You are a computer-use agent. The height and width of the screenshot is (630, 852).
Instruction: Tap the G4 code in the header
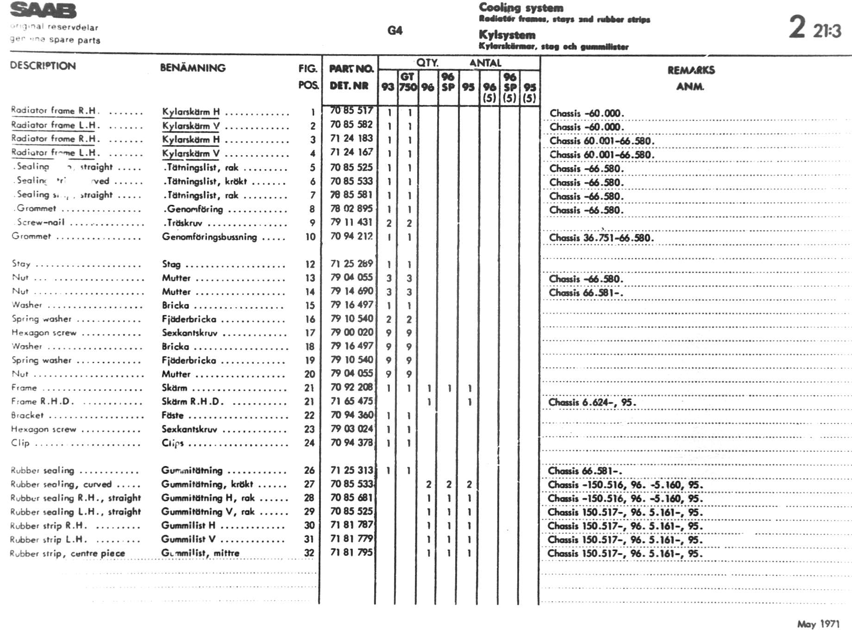pos(395,31)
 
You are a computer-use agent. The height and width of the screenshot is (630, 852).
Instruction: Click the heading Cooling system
pos(521,7)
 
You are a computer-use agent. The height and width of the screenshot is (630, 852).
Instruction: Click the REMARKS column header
pos(691,70)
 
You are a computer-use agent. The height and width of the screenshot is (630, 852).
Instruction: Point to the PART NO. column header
pos(351,69)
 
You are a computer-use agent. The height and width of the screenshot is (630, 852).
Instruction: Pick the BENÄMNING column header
pos(193,68)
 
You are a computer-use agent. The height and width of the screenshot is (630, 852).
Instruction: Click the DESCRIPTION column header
pos(43,66)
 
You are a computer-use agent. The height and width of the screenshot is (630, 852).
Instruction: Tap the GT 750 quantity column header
pos(407,82)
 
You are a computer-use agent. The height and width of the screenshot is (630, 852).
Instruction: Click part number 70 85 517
pos(351,111)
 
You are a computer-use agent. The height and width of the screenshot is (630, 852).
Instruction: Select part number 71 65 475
pos(351,401)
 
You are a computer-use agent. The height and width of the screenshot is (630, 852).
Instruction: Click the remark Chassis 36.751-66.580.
pos(601,238)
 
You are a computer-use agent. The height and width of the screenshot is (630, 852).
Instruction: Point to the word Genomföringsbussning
pos(209,237)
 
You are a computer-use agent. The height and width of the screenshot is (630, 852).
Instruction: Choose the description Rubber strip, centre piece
pos(67,553)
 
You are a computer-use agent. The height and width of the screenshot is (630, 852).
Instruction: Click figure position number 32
pos(309,553)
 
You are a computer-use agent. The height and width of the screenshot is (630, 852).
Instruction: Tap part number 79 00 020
pos(351,332)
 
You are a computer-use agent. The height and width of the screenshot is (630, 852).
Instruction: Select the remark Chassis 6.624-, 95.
pos(592,402)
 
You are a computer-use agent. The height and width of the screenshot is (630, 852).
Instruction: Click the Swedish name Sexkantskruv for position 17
pos(189,333)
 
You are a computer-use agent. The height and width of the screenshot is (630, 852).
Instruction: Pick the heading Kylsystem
pos(507,35)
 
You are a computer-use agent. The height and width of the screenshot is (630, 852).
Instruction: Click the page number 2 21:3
pos(814,28)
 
